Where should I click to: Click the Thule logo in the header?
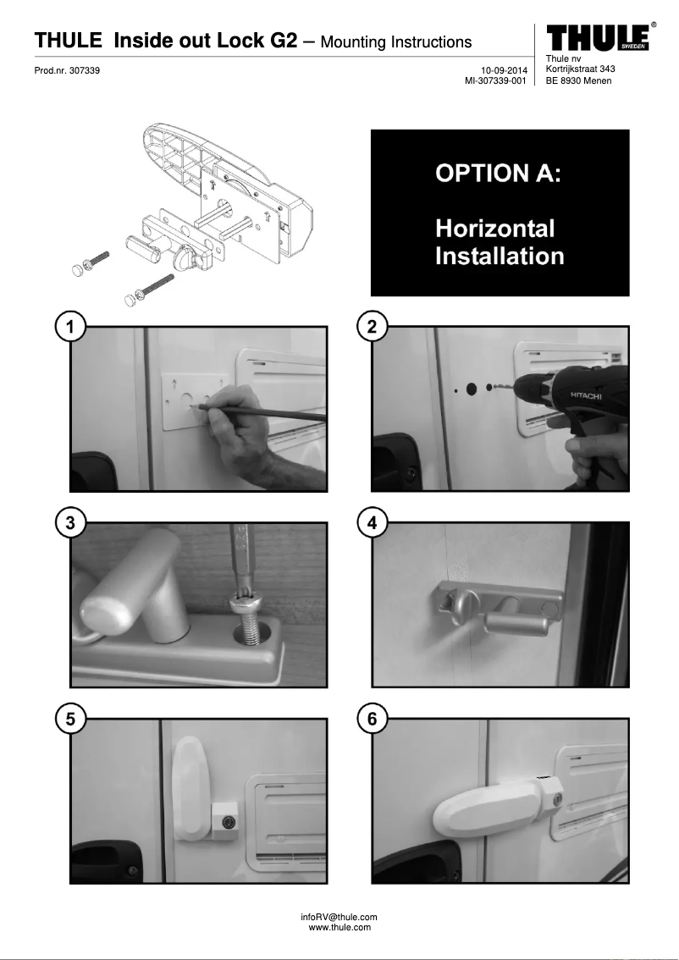click(x=599, y=37)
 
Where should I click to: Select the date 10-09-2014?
click(x=504, y=70)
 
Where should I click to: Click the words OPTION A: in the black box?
click(x=498, y=174)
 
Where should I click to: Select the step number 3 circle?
click(x=71, y=523)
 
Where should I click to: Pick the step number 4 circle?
click(x=373, y=523)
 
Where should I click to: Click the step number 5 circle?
click(x=71, y=719)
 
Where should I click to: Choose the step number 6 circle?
click(x=373, y=719)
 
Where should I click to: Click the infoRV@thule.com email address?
click(x=339, y=917)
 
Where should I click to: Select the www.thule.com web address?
click(x=339, y=928)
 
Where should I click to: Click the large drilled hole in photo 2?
click(x=472, y=389)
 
